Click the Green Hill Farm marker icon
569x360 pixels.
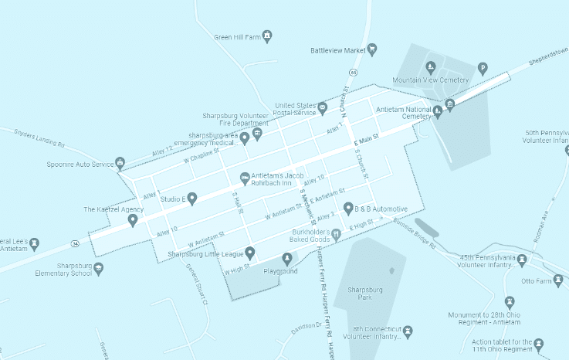tap(267, 36)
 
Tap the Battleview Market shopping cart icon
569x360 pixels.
tap(372, 50)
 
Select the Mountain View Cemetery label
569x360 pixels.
tap(429, 79)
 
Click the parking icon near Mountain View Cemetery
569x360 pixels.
tap(483, 67)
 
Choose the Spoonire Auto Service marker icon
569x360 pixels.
tap(120, 162)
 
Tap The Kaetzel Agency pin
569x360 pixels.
tap(133, 220)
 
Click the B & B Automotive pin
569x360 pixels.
tap(348, 207)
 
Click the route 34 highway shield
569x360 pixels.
tap(74, 244)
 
